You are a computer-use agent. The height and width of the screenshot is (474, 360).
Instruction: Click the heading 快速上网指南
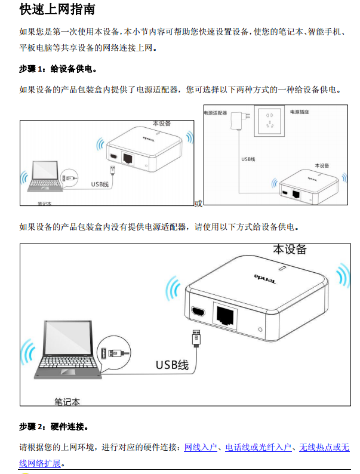point(57,9)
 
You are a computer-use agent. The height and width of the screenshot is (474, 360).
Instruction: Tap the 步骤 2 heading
point(54,426)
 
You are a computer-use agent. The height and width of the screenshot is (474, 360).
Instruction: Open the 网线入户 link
point(201,447)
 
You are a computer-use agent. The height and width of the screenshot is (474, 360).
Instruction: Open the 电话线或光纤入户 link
point(259,447)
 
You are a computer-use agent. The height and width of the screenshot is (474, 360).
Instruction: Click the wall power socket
point(269,121)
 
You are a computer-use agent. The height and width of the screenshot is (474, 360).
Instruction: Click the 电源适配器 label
point(215,113)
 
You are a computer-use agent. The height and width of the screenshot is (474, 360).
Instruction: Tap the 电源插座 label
point(300,112)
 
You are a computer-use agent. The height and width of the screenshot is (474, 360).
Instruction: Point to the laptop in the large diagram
point(67,350)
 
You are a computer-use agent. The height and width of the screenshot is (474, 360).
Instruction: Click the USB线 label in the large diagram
point(172,365)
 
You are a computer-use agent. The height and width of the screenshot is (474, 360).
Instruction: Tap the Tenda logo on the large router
point(265,279)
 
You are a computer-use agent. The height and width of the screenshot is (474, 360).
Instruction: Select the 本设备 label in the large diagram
point(290,250)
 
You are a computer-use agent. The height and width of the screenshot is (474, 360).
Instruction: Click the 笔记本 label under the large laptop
point(67,402)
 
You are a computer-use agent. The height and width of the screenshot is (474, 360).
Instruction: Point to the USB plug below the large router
point(196,338)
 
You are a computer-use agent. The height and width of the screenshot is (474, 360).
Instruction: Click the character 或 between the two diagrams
point(198,204)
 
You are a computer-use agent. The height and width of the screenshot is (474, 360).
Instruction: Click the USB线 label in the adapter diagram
point(248,159)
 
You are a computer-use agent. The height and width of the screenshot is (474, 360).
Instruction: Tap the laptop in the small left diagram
point(45,176)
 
